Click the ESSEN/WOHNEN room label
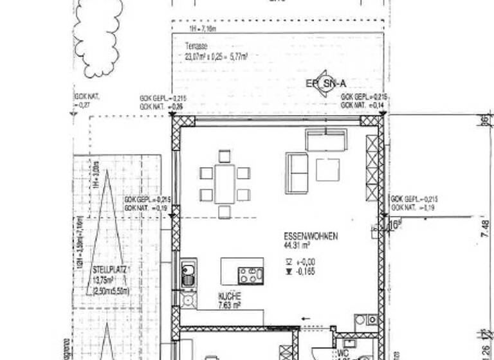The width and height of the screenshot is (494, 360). point(311,236)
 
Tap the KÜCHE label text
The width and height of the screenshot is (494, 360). point(230,297)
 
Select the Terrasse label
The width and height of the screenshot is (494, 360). point(195,46)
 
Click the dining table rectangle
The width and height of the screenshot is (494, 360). point(224,183)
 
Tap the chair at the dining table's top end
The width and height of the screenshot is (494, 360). point(224,156)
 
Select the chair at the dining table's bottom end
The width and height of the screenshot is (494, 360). point(224,212)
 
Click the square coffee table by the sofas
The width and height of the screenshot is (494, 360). point(327,168)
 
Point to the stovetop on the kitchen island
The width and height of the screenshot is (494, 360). point(250,275)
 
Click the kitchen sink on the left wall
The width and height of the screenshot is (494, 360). point(188,274)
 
